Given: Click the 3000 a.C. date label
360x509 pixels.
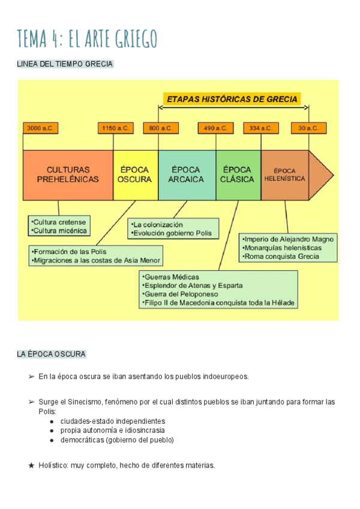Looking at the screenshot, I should (x=40, y=128).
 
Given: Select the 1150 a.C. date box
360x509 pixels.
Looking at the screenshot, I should (x=115, y=128).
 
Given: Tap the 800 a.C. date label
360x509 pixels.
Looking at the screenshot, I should (x=159, y=128).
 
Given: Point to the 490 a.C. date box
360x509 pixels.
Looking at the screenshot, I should (x=215, y=128).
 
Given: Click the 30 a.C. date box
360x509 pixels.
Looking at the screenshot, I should (x=309, y=128).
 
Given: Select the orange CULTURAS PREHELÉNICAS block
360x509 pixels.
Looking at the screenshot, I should (x=68, y=175).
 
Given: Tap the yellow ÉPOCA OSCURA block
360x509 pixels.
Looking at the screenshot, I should (x=136, y=175).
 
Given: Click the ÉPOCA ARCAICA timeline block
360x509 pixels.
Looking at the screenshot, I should (x=187, y=175).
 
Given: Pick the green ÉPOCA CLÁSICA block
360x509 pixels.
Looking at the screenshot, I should (x=238, y=175).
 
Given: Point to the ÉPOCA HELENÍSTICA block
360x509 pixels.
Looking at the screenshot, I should (x=285, y=175).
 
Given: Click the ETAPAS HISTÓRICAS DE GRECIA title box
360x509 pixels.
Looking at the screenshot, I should (x=233, y=99).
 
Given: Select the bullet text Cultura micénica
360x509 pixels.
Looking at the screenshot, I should (x=59, y=230).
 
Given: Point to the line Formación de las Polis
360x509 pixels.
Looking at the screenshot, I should (x=70, y=251).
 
